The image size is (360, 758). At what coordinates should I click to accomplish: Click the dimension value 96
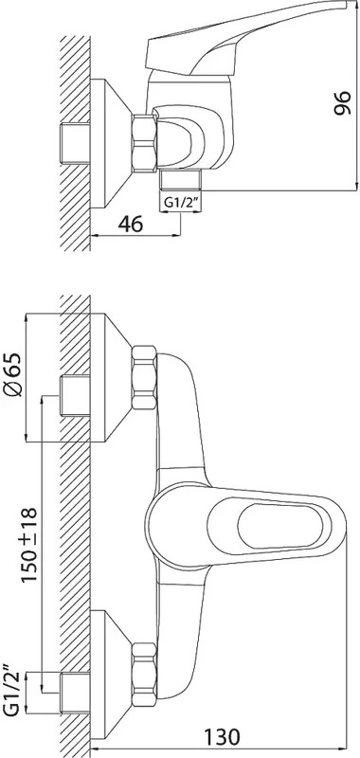342,102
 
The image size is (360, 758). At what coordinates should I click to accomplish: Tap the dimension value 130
221,737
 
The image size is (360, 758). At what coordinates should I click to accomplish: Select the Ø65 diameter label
14,374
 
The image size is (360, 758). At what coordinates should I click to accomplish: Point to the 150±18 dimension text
29,545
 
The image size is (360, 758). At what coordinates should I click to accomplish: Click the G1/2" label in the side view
180,203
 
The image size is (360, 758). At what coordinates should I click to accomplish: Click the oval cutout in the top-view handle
280,526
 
